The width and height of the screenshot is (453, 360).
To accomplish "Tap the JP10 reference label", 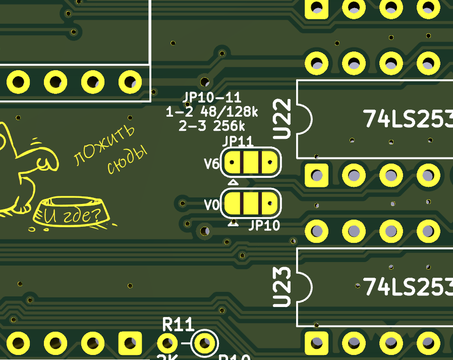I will point(264,225).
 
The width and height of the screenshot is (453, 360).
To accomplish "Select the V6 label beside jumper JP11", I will point(211,164).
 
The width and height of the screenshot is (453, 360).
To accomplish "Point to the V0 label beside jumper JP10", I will point(211,205).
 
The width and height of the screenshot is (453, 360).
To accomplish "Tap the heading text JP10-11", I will point(212,98).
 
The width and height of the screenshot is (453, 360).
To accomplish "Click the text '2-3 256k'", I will point(212,126).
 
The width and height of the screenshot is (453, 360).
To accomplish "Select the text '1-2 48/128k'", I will point(212,112).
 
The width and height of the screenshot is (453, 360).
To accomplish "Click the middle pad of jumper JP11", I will point(251,163).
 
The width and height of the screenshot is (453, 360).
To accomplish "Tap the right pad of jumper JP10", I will point(269,204).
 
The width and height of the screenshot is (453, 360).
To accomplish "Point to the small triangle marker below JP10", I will point(233,223).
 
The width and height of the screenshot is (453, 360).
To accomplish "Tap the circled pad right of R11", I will point(204,344).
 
